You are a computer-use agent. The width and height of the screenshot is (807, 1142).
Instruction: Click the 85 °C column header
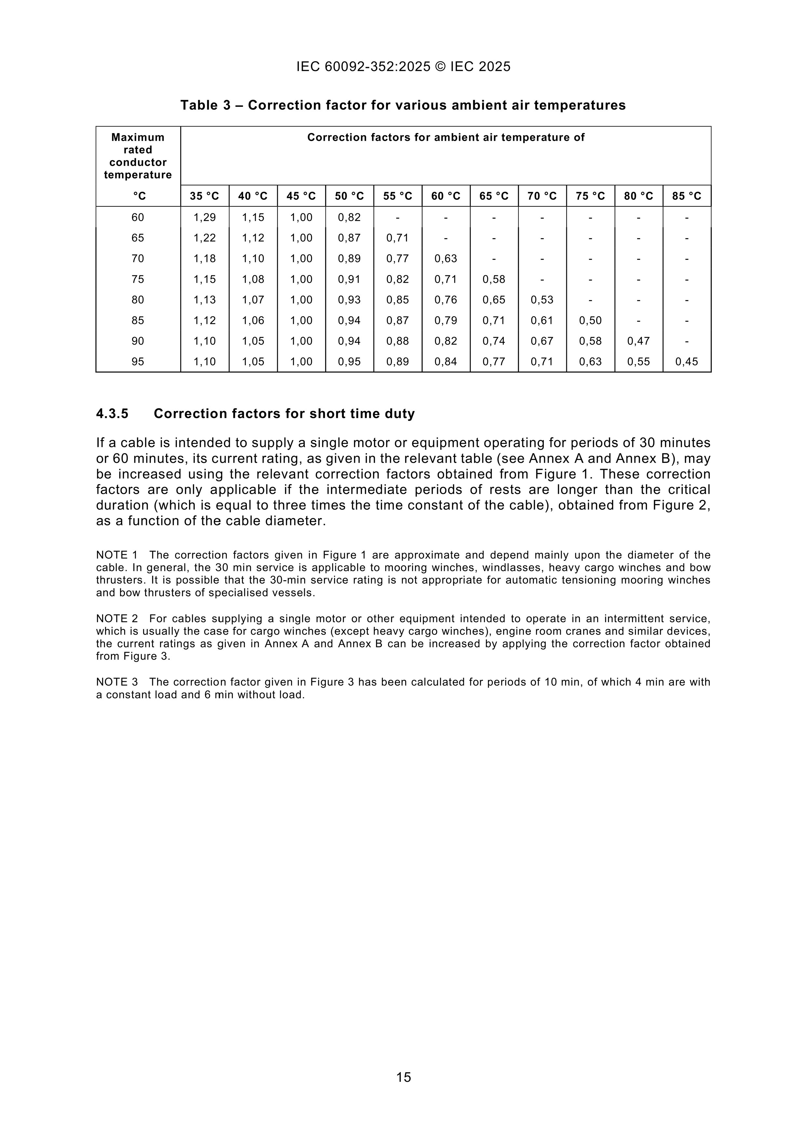pyautogui.click(x=687, y=196)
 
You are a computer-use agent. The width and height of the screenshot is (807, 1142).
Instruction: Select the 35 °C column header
pyautogui.click(x=204, y=196)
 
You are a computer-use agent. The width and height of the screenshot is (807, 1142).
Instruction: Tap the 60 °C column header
pyautogui.click(x=446, y=196)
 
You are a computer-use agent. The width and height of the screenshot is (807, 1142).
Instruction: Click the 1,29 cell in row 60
pyautogui.click(x=204, y=217)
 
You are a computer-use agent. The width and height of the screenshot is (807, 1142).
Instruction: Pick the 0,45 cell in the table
pyautogui.click(x=687, y=362)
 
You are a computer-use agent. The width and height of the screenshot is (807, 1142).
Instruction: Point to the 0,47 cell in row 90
pyautogui.click(x=639, y=341)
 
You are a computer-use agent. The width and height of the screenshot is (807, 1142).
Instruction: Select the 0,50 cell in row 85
pyautogui.click(x=590, y=320)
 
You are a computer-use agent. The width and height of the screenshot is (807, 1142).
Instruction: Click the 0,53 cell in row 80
pyautogui.click(x=542, y=300)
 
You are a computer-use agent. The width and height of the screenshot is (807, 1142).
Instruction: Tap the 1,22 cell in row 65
pyautogui.click(x=204, y=238)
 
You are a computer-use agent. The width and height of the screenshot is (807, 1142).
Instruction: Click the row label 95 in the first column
pyautogui.click(x=138, y=362)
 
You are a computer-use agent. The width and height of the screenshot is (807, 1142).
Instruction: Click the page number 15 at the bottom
pyautogui.click(x=404, y=1077)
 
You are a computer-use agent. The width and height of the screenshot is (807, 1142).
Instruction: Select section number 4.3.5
pyautogui.click(x=112, y=414)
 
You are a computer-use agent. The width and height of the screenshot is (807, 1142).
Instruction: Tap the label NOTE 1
pyautogui.click(x=117, y=555)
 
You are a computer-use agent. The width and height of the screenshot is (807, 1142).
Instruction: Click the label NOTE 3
pyautogui.click(x=117, y=682)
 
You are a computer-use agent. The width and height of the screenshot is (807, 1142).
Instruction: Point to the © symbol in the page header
pyautogui.click(x=440, y=67)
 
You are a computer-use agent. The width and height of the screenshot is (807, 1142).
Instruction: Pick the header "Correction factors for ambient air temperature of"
pyautogui.click(x=446, y=137)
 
